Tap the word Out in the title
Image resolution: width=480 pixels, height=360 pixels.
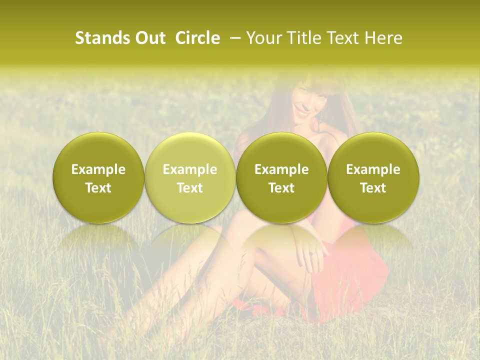pos(148,38)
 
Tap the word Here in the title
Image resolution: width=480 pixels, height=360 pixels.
pos(383,38)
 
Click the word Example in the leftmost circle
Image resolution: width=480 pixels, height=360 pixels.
pos(98,169)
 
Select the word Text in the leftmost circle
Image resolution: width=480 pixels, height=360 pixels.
pos(98,188)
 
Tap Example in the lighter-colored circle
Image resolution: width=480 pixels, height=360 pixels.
pos(190,169)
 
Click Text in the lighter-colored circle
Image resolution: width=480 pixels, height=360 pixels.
pos(190,188)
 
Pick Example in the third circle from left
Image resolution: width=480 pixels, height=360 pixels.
pos(281,169)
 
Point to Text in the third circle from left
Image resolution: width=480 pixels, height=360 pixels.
pos(281,188)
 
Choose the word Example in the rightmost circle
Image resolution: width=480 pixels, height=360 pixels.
pos(373,169)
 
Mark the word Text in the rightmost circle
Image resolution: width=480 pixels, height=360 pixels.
pos(373,188)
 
